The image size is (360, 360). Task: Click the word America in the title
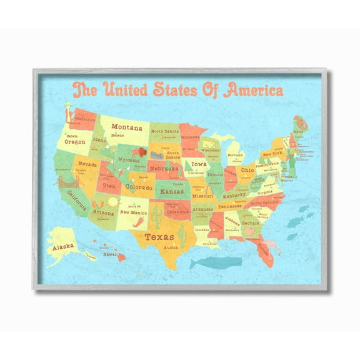(x=250, y=89)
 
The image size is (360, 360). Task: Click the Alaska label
(x=63, y=247)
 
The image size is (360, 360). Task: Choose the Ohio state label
(x=247, y=170)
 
